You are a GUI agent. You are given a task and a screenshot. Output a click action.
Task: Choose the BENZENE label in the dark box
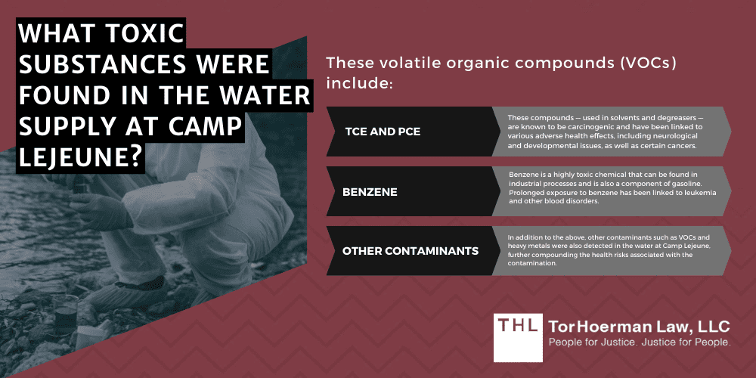click(x=370, y=191)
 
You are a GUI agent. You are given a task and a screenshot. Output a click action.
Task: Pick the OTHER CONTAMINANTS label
click(x=410, y=250)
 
